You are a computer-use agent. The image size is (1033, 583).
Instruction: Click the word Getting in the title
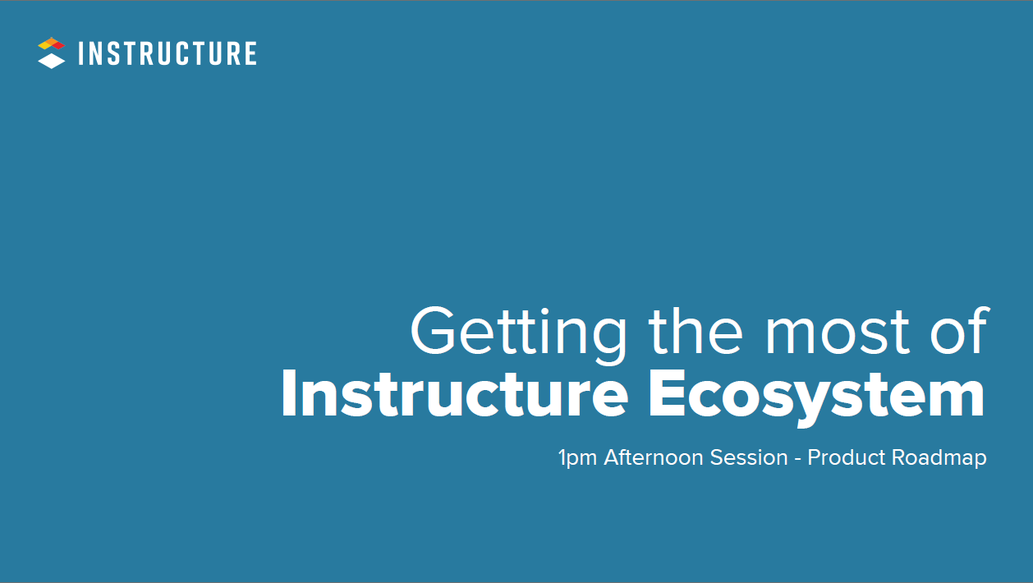pos(518,333)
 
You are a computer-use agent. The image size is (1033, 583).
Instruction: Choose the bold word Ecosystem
pos(816,397)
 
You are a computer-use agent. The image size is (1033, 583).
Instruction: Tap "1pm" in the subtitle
pos(577,458)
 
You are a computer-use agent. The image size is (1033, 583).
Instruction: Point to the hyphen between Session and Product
pos(797,458)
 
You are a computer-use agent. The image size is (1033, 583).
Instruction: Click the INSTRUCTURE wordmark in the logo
pos(168,54)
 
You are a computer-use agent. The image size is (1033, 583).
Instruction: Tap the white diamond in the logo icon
pos(51,62)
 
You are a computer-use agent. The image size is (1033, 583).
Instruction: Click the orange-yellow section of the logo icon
pos(46,43)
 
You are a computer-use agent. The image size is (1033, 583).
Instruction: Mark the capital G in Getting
pos(435,331)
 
